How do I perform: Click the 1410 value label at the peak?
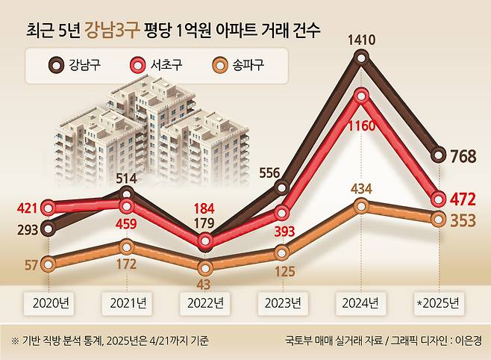pyautogui.click(x=362, y=40)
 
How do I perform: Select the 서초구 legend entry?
pyautogui.click(x=163, y=64)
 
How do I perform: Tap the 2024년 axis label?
pyautogui.click(x=361, y=303)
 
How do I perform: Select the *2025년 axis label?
pyautogui.click(x=440, y=303)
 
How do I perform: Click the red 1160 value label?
pyautogui.click(x=362, y=126)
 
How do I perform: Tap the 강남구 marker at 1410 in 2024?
pyautogui.click(x=362, y=57)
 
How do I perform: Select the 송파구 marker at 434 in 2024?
pyautogui.click(x=362, y=205)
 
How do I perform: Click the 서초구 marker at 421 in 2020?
pyautogui.click(x=49, y=208)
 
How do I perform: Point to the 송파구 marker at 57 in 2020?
pyautogui.click(x=49, y=263)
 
